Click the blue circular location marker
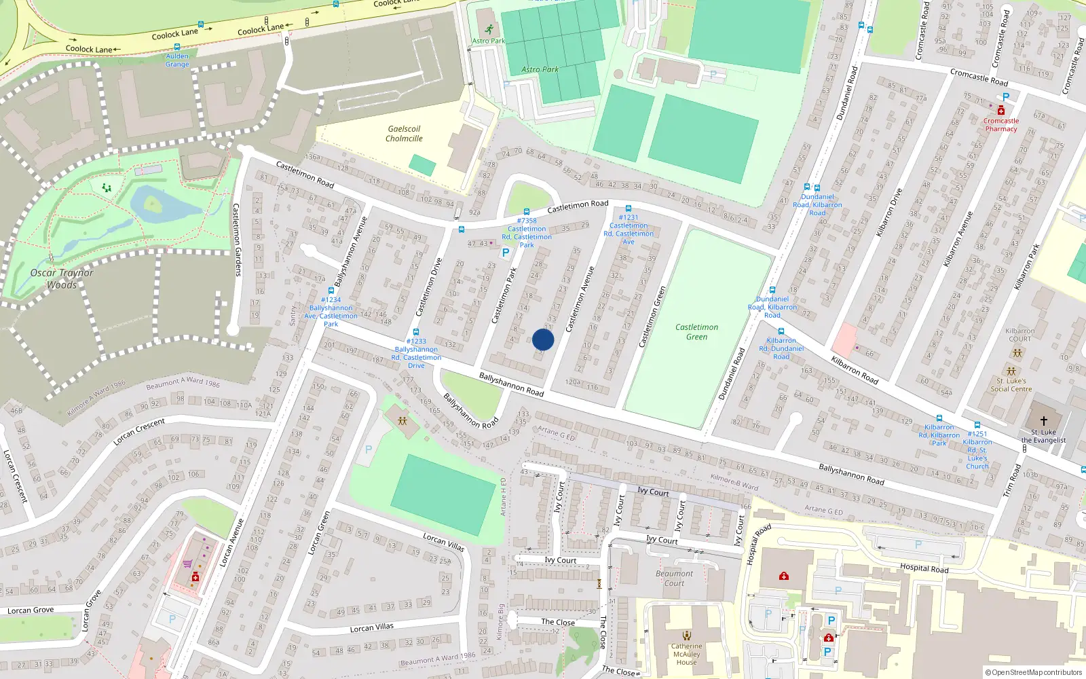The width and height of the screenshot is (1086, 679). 543,339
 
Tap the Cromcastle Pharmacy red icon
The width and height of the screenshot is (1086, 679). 1000,110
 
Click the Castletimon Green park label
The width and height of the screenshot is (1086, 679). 696,332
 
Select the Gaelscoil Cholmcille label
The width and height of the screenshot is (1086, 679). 404,134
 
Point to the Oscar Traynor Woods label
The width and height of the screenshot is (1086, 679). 62,278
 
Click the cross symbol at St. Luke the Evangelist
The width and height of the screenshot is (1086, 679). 1043,421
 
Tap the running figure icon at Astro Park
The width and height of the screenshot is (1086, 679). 489,29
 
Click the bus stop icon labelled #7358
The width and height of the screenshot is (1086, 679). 527,212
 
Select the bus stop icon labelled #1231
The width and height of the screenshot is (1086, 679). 629,208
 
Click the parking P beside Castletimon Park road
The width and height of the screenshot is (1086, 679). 505,253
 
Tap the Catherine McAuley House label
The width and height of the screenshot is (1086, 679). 686,654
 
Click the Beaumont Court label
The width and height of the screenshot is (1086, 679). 674,578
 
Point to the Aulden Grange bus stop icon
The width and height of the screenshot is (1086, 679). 177,48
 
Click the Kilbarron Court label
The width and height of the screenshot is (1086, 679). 1019,335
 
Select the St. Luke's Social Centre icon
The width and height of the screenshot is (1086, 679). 1011,371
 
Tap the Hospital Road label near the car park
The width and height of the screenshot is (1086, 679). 924,568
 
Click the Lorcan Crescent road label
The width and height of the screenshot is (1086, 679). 139,432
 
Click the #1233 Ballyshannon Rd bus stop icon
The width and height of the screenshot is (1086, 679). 416,333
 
